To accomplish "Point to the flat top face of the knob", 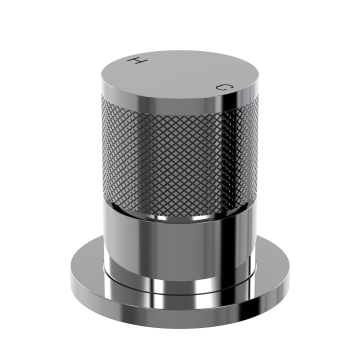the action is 179,74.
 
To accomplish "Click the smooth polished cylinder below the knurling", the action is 179,247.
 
